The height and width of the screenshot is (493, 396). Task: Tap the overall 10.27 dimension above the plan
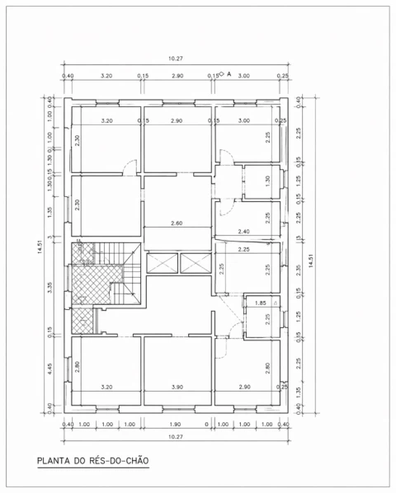coord(175,59)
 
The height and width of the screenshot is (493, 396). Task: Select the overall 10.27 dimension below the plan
coord(175,437)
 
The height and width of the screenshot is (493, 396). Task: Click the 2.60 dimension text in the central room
coord(176,223)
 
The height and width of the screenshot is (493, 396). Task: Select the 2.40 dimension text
coord(243,232)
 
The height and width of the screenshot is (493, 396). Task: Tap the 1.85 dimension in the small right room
coord(261,303)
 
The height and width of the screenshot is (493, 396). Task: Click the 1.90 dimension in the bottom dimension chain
coord(176,425)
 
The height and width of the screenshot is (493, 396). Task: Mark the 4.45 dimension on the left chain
coord(49,369)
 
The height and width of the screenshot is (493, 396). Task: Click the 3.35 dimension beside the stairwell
coord(49,288)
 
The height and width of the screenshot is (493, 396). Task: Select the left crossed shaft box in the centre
coord(162,264)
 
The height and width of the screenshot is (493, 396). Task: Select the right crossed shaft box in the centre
coord(196,264)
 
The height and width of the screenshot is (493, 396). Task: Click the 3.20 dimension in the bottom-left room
coord(106,387)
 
